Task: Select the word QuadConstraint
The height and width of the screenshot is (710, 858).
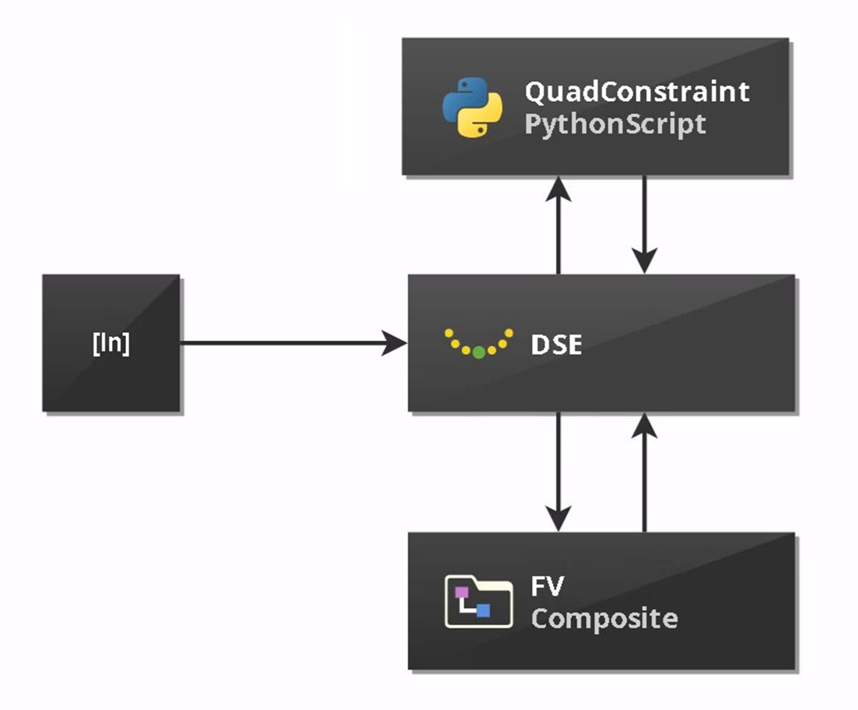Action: click(x=636, y=92)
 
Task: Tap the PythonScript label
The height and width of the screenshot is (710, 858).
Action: click(x=615, y=124)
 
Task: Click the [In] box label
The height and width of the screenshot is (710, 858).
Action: click(x=111, y=344)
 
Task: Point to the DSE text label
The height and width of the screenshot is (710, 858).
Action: click(x=556, y=345)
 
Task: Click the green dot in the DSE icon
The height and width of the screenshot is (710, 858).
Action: click(x=479, y=352)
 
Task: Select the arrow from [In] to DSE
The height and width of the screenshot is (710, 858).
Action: click(x=288, y=343)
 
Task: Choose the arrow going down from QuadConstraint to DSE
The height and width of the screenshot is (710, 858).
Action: click(x=645, y=226)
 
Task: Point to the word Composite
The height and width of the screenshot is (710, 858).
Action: click(x=604, y=619)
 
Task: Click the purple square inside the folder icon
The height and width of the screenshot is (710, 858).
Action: click(x=462, y=593)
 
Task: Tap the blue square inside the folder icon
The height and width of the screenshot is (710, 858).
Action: click(x=483, y=610)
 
